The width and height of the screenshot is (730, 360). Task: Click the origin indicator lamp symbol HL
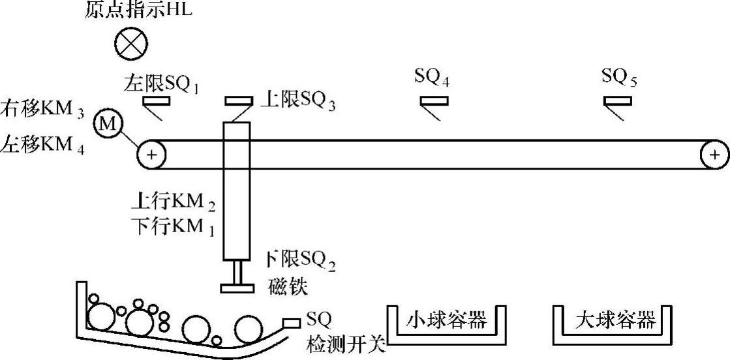click(131, 44)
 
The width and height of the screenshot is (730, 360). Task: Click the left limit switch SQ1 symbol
click(156, 101)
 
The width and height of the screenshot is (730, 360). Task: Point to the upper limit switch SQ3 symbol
click(239, 101)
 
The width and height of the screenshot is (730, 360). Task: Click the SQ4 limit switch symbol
click(434, 101)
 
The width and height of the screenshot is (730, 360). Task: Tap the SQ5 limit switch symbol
click(617, 101)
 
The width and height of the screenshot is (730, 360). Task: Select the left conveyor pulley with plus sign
click(151, 155)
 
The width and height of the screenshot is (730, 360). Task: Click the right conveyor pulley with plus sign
click(715, 155)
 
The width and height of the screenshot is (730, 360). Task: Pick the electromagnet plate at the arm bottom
click(237, 288)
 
